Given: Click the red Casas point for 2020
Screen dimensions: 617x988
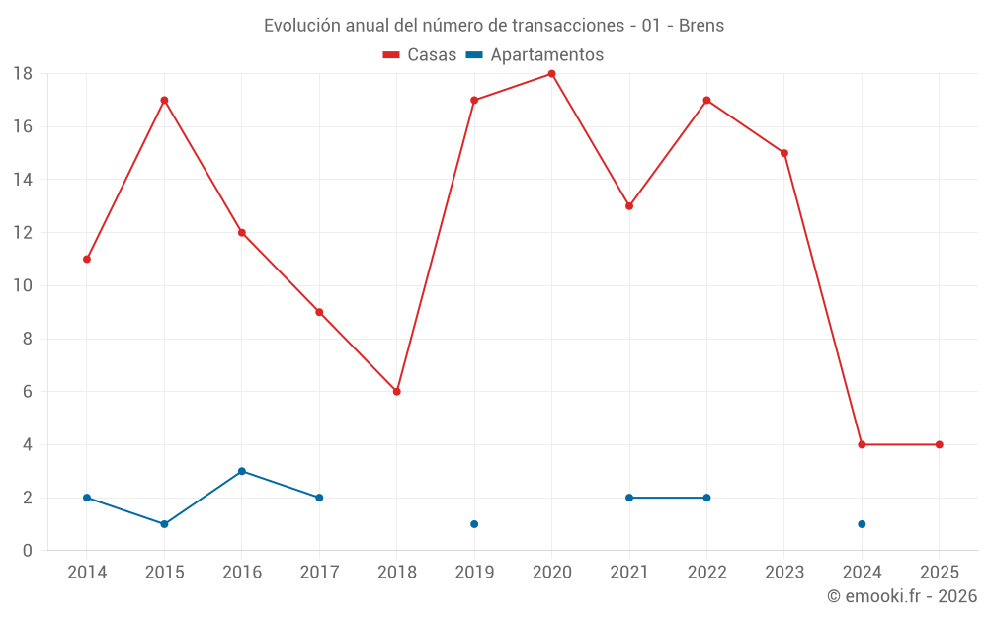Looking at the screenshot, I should pyautogui.click(x=551, y=74).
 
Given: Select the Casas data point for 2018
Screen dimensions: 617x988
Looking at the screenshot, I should pyautogui.click(x=396, y=392).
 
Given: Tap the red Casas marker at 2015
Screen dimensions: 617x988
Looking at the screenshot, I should pyautogui.click(x=164, y=100).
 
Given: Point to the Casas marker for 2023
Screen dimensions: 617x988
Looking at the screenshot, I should pyautogui.click(x=783, y=153).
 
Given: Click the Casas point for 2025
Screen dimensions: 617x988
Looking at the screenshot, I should pyautogui.click(x=939, y=444).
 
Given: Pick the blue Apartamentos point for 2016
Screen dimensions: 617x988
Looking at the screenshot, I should pyautogui.click(x=241, y=471).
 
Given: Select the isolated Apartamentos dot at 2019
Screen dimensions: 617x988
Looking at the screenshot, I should pyautogui.click(x=474, y=524).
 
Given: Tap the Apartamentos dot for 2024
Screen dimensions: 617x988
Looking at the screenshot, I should pyautogui.click(x=862, y=524).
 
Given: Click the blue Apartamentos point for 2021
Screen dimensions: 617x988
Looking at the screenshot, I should pyautogui.click(x=629, y=498).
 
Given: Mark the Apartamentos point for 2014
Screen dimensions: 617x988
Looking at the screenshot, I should pyautogui.click(x=87, y=498).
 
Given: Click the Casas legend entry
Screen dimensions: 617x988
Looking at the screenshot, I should pyautogui.click(x=420, y=55).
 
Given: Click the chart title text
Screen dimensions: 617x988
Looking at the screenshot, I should pyautogui.click(x=494, y=26).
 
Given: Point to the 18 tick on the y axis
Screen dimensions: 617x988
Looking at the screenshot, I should pyautogui.click(x=23, y=74).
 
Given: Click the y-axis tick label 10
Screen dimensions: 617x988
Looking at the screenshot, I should pyautogui.click(x=23, y=286).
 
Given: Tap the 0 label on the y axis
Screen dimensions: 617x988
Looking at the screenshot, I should pyautogui.click(x=28, y=551).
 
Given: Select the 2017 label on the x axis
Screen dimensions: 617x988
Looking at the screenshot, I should pyautogui.click(x=319, y=573).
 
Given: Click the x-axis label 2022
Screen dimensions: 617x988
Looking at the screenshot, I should pyautogui.click(x=706, y=573).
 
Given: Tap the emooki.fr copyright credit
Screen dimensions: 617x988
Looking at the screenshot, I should pyautogui.click(x=902, y=596).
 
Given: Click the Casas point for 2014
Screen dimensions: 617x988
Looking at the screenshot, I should pyautogui.click(x=87, y=259).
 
